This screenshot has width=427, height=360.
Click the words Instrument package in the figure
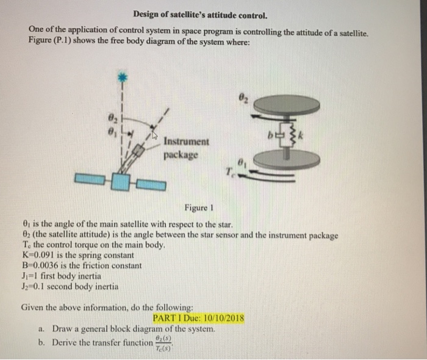tap(186, 148)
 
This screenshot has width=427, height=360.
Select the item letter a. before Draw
tap(41, 329)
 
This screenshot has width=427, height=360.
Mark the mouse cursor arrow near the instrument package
tap(155, 136)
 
